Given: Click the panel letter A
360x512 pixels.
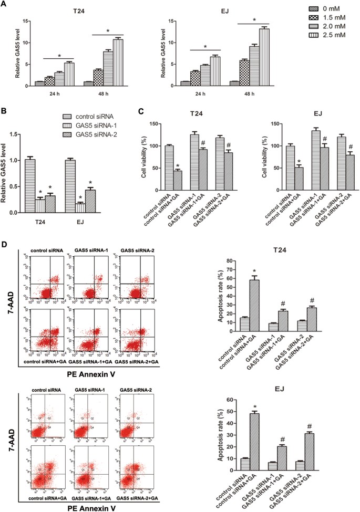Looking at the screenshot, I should (5, 4).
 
